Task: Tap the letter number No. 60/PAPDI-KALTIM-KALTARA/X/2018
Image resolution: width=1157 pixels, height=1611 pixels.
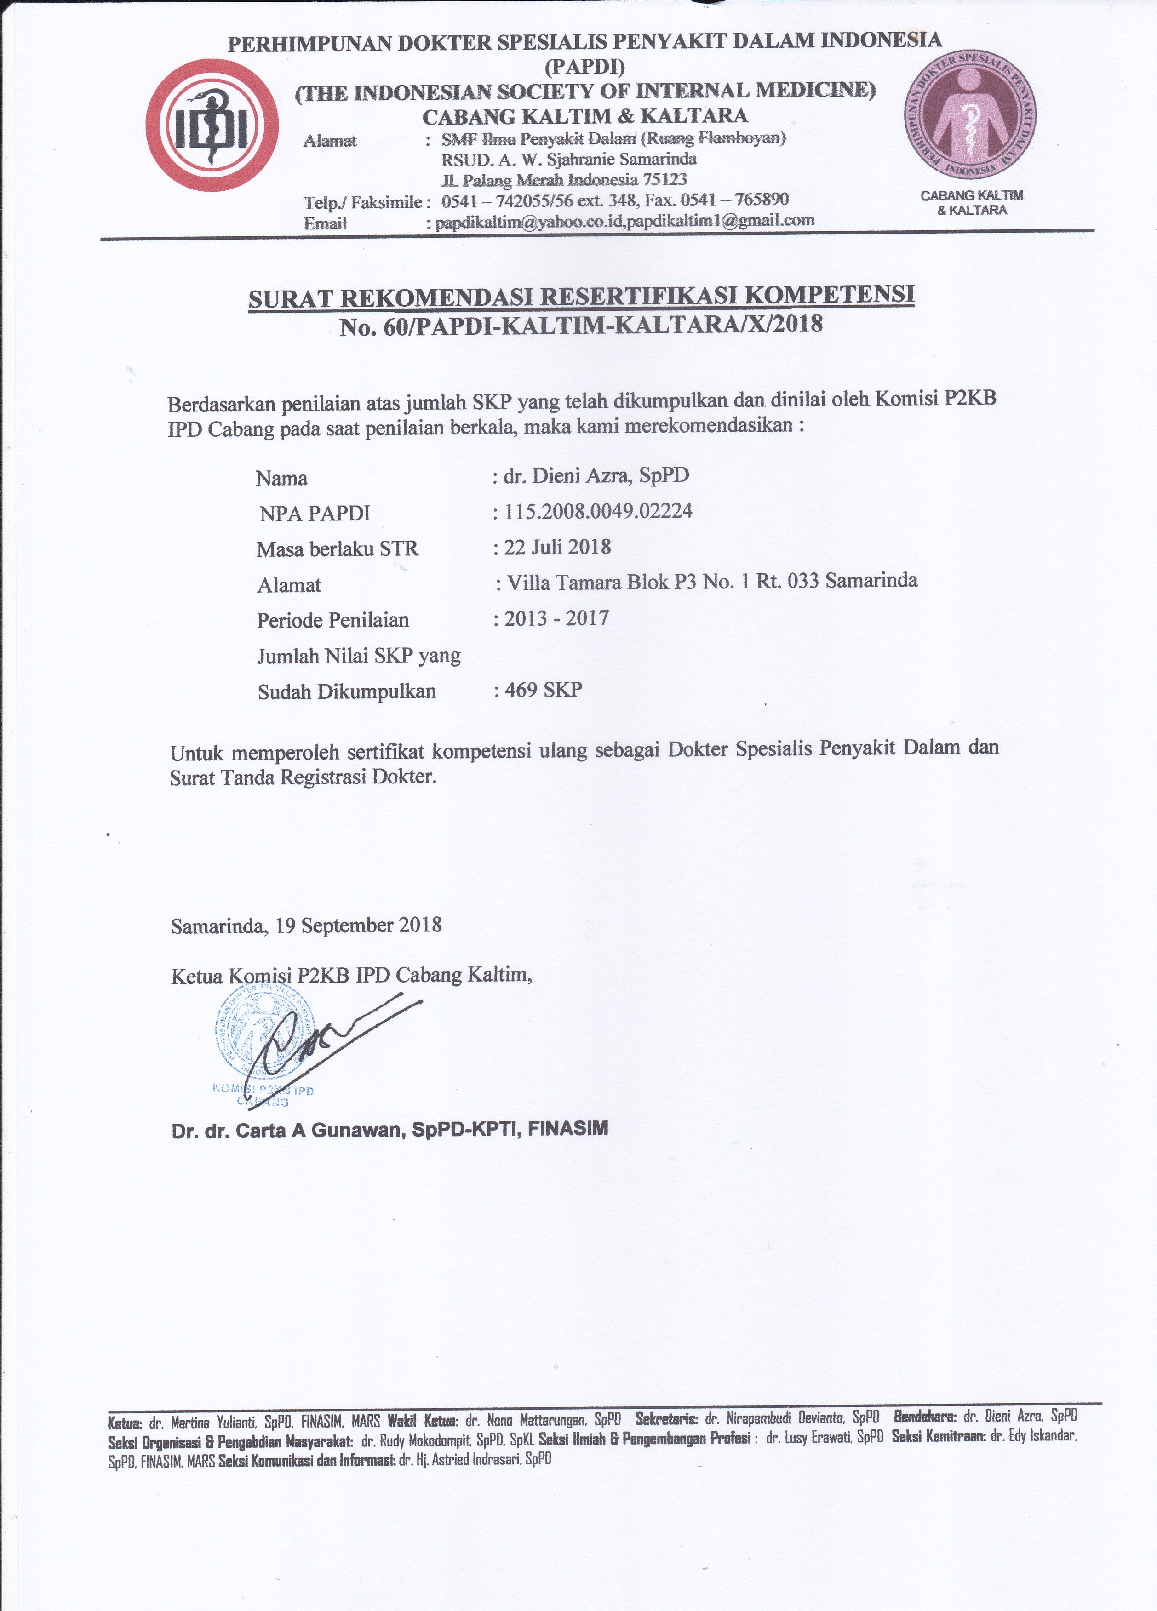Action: (x=581, y=325)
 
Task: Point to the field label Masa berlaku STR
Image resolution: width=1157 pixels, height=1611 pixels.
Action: (x=338, y=548)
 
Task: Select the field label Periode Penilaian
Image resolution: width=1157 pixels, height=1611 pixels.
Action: (x=332, y=620)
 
